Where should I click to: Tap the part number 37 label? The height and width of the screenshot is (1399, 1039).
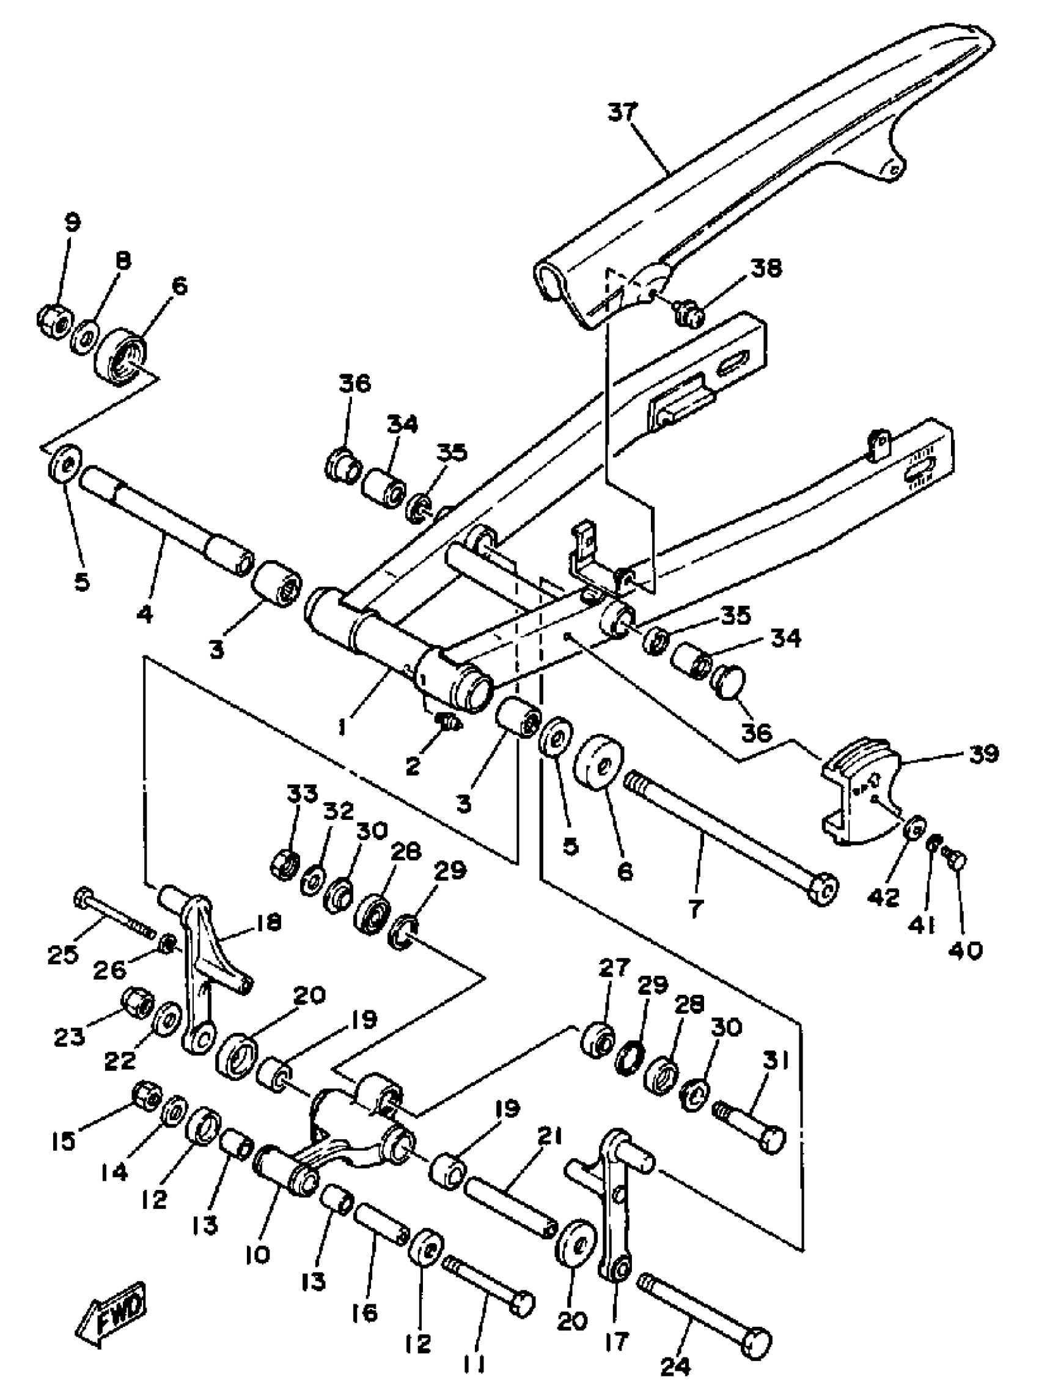pyautogui.click(x=623, y=113)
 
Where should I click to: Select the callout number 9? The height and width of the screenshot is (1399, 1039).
pyautogui.click(x=73, y=223)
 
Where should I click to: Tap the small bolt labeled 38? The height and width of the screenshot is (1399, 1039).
pyautogui.click(x=689, y=313)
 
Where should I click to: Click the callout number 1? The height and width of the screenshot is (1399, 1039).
pyautogui.click(x=342, y=728)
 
